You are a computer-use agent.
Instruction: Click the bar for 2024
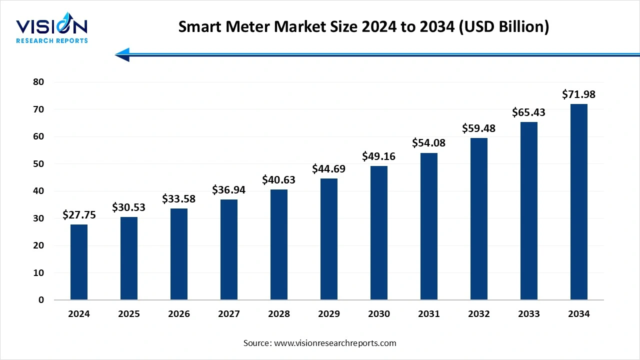coord(79,262)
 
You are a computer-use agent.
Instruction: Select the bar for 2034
coord(578,202)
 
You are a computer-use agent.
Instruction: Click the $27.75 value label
coord(79,215)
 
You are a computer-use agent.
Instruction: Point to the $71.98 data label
coord(578,94)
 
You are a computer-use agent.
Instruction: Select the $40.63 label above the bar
coord(279,180)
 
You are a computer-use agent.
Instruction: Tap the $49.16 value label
coord(379,156)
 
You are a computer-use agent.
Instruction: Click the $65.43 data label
coord(528,112)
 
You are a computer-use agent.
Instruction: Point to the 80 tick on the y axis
coord(38,82)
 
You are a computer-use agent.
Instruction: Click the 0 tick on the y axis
coord(41,300)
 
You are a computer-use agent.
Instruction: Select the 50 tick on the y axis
coord(38,164)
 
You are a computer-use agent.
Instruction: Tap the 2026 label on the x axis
coord(179,314)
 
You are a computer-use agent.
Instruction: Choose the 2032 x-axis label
coord(479,314)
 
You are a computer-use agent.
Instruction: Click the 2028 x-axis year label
coord(279,314)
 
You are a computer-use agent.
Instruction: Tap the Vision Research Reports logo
coord(52,30)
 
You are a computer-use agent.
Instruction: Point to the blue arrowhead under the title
coord(122,54)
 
